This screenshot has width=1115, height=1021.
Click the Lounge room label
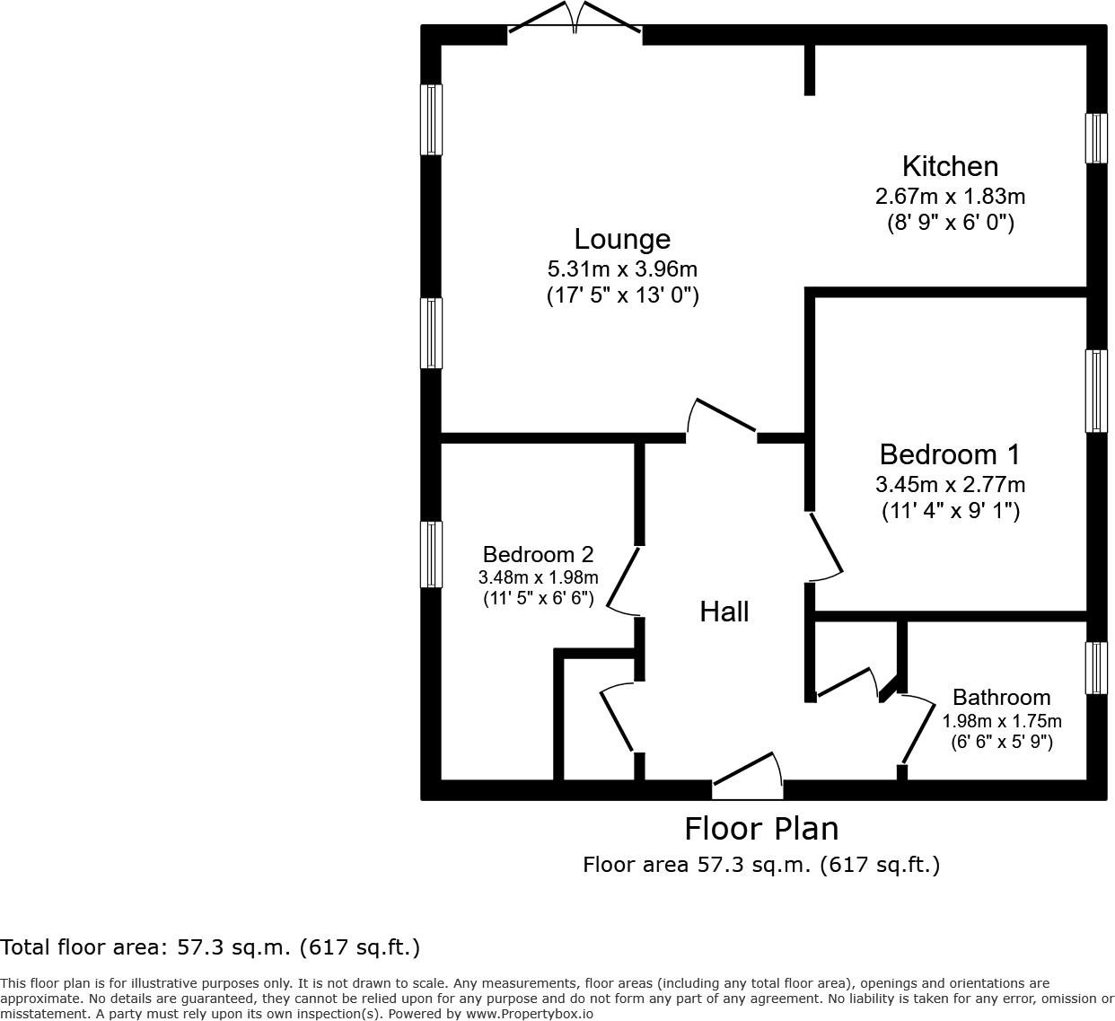pyautogui.click(x=622, y=239)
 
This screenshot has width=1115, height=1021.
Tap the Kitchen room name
pyautogui.click(x=950, y=166)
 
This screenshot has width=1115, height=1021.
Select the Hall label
pyautogui.click(x=724, y=612)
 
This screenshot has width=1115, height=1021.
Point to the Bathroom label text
pyautogui.click(x=1001, y=697)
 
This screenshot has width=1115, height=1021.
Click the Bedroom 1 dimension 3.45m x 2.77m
pyautogui.click(x=950, y=485)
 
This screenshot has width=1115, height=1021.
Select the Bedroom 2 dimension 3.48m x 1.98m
pyautogui.click(x=538, y=577)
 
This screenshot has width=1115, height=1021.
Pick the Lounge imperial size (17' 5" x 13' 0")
pyautogui.click(x=622, y=295)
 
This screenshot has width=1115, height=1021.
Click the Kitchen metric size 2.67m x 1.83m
pyautogui.click(x=950, y=196)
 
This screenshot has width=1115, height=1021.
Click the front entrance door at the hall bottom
pyautogui.click(x=747, y=777)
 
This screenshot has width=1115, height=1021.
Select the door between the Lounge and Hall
pyautogui.click(x=721, y=418)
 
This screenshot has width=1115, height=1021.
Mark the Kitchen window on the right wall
pyautogui.click(x=1096, y=138)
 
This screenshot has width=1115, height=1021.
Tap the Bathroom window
pyautogui.click(x=1096, y=668)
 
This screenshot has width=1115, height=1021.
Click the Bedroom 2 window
pyautogui.click(x=432, y=555)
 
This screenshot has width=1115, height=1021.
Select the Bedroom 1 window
pyautogui.click(x=1096, y=391)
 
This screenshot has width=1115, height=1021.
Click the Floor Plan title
pyautogui.click(x=761, y=828)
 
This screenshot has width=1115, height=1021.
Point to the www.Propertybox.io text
pyautogui.click(x=529, y=1013)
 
